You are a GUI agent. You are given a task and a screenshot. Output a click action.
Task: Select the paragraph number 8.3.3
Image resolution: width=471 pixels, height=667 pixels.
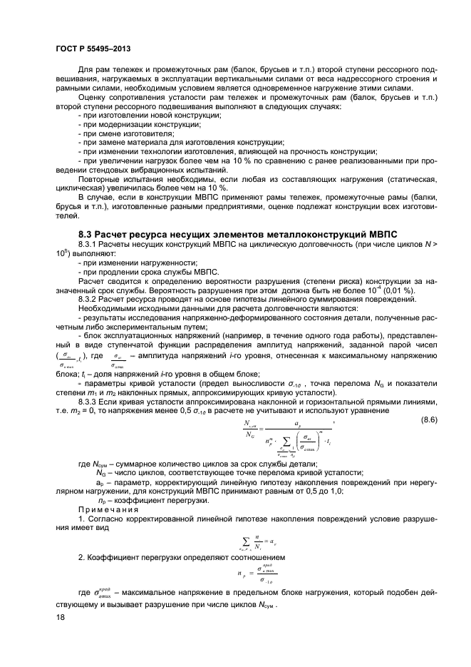pos(89,402)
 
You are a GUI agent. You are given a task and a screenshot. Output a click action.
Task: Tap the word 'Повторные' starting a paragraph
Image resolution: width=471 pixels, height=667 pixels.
pos(98,180)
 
